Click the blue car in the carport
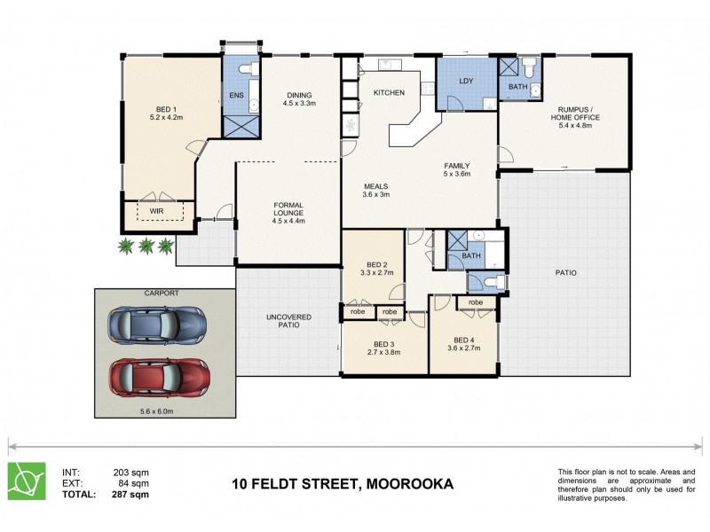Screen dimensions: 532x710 [154, 326]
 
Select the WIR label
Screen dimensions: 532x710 [155, 211]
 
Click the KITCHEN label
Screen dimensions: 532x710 [389, 92]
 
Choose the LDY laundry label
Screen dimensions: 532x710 [466, 82]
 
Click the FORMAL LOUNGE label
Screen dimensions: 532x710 [289, 209]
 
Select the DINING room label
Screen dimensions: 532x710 [298, 98]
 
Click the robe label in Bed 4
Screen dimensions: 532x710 [476, 302]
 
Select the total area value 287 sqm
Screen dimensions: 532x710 [130, 494]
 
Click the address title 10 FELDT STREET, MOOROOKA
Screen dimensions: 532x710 [343, 484]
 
